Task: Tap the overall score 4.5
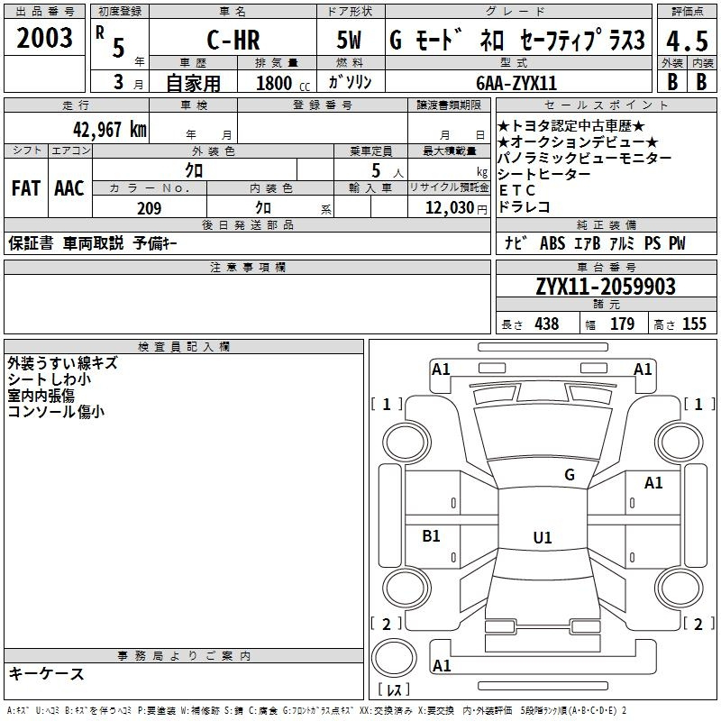pyautogui.click(x=685, y=41)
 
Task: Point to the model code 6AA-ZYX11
pyautogui.click(x=516, y=83)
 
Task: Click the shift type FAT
pyautogui.click(x=25, y=188)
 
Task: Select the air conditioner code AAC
pyautogui.click(x=68, y=188)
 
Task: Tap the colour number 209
pyautogui.click(x=149, y=208)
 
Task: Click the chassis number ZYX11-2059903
pyautogui.click(x=605, y=287)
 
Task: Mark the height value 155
pyautogui.click(x=694, y=324)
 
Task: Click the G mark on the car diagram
pyautogui.click(x=569, y=475)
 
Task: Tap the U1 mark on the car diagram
pyautogui.click(x=542, y=538)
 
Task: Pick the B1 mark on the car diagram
pyautogui.click(x=431, y=536)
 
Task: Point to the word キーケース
pyautogui.click(x=47, y=673)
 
